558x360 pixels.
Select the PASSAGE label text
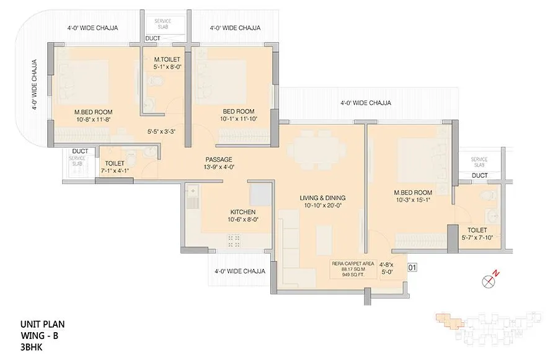pos(219,159)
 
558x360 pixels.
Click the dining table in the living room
pos(319,149)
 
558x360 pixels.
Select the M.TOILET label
pos(167,59)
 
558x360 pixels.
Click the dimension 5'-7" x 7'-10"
pos(477,237)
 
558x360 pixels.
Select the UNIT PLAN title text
pos(43,324)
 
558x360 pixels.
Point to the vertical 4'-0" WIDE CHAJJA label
pos(35,85)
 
